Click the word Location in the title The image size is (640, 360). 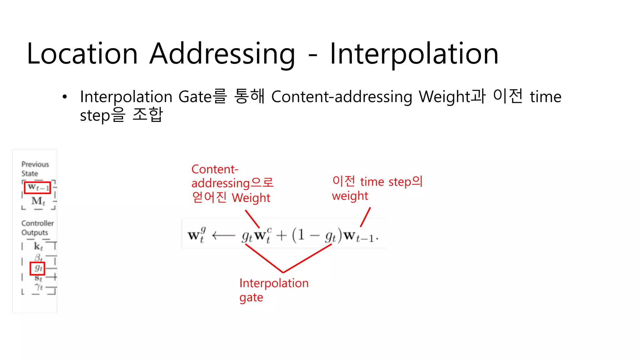82,54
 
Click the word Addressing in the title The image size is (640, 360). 222,54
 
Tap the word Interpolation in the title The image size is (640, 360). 414,54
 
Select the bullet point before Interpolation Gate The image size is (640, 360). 65,97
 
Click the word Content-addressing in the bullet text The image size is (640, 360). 342,97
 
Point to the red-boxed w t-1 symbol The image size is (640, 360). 37,187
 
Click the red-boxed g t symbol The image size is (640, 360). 37,268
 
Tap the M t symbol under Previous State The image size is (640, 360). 38,201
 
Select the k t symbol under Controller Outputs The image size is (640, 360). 38,246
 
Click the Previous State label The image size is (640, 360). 35,169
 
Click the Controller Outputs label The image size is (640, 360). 37,228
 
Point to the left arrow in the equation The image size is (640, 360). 223,235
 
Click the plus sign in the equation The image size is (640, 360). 281,235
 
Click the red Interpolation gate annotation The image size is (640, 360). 273,290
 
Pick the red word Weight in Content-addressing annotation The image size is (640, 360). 251,198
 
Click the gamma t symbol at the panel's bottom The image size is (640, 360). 39,287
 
